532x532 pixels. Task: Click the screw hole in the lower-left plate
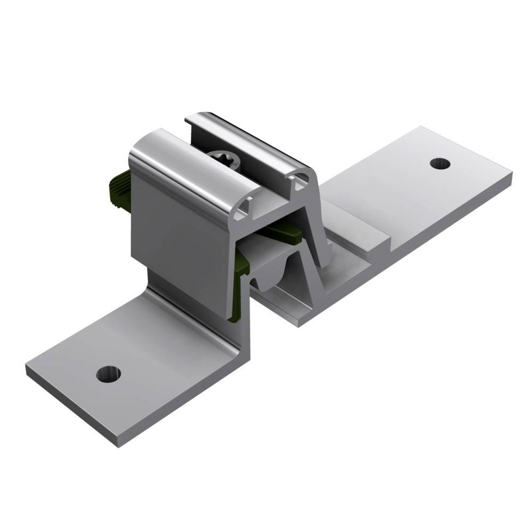tap(108, 373)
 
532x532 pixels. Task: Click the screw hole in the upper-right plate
tap(439, 163)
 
